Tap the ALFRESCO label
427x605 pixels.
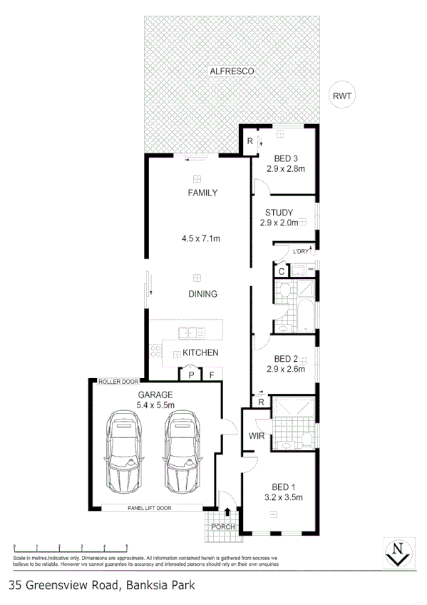click(x=231, y=71)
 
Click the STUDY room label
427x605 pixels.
click(x=279, y=213)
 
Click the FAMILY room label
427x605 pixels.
click(x=202, y=193)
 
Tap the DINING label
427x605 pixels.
click(x=202, y=294)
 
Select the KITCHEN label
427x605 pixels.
click(x=200, y=353)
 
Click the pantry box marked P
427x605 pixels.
click(x=191, y=374)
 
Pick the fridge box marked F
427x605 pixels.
click(x=212, y=374)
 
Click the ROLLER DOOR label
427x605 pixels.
click(x=118, y=382)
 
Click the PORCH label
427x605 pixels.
click(x=222, y=527)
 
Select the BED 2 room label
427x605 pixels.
click(x=285, y=359)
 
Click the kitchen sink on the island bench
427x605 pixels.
click(x=191, y=331)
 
